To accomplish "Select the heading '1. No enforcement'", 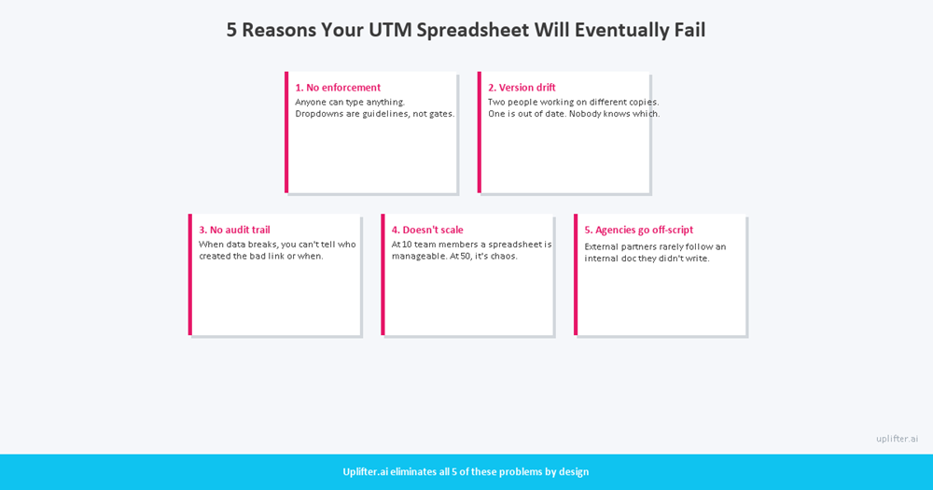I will click(x=338, y=88).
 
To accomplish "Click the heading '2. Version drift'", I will click(x=522, y=88).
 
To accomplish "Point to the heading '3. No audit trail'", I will click(x=234, y=230).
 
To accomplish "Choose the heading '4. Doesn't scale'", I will click(x=427, y=230).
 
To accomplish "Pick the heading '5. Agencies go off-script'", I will click(x=639, y=230).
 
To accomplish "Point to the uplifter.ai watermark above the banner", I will click(x=897, y=439).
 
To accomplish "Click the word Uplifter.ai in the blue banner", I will click(x=365, y=471).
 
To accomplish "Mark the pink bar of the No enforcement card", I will click(x=286, y=133).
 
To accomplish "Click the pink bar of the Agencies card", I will click(x=576, y=274).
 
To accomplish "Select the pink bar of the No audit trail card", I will click(x=190, y=274).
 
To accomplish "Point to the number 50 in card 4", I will click(x=466, y=256).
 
